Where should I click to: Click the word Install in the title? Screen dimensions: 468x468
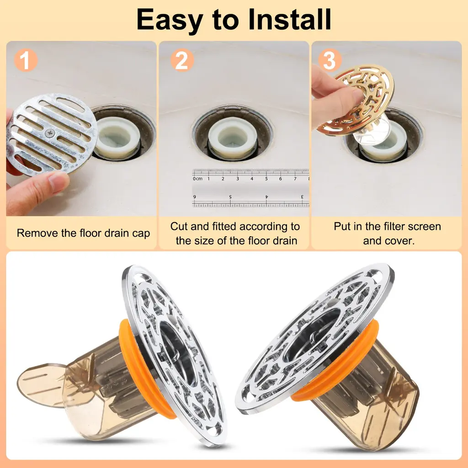click(289, 19)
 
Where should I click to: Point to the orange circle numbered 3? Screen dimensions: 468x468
click(330, 60)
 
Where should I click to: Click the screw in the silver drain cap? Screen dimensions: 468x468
click(50, 133)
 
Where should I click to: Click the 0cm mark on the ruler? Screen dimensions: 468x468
click(197, 179)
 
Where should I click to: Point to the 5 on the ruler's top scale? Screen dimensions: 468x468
click(266, 179)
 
